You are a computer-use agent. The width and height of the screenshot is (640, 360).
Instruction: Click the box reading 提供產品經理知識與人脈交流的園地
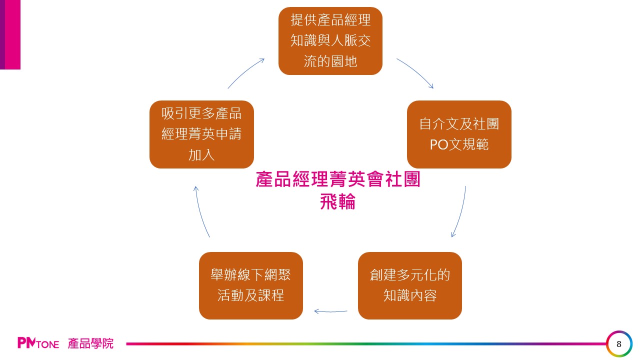(330, 41)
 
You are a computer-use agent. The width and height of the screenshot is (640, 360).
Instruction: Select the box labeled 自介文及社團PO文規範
(459, 134)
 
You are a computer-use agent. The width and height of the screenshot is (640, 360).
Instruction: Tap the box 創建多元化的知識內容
(410, 285)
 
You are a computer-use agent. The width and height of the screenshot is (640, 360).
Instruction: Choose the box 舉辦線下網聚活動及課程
(251, 285)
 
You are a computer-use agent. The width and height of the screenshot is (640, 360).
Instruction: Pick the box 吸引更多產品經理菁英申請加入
(201, 134)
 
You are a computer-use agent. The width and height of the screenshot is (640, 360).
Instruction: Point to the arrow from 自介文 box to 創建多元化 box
(460, 212)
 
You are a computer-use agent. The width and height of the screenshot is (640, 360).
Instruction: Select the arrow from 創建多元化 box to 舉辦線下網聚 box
(330, 311)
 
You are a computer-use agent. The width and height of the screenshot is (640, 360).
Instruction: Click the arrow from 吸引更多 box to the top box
(245, 73)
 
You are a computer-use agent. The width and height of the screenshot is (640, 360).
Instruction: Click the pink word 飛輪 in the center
(338, 202)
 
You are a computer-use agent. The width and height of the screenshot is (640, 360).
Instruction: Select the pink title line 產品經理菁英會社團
(338, 180)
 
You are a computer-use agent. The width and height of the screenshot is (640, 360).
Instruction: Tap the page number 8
(619, 344)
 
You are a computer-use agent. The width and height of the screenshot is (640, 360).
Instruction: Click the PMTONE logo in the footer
(38, 343)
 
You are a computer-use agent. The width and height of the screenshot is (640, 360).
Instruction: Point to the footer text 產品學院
(91, 343)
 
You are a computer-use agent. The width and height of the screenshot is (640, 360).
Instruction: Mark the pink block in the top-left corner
(10, 34)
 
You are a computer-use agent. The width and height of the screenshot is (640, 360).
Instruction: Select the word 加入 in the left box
(201, 155)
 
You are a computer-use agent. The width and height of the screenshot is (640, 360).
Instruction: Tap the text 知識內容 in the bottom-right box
(410, 295)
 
